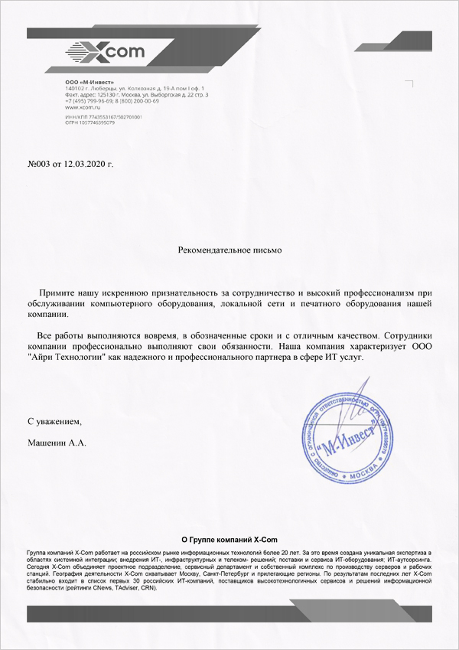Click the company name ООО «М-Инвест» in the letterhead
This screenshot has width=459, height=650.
tap(90, 82)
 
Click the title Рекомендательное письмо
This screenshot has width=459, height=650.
tap(229, 250)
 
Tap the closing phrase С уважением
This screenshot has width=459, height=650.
tap(54, 421)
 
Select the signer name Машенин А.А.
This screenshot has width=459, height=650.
tap(57, 443)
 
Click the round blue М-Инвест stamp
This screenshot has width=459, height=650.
tap(347, 440)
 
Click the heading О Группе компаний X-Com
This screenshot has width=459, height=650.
tap(229, 540)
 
